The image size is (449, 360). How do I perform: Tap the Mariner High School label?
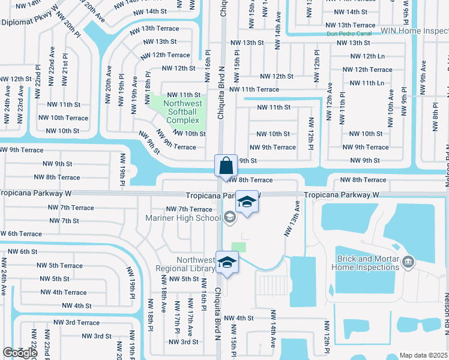(183, 218)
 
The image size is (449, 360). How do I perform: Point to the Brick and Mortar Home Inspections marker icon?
(408, 262)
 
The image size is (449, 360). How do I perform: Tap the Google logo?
(20, 353)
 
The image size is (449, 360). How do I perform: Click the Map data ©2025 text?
(424, 355)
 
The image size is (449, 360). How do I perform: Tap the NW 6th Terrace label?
(22, 234)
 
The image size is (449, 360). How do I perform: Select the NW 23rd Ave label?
(20, 100)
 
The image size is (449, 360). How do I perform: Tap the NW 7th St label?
(65, 221)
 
